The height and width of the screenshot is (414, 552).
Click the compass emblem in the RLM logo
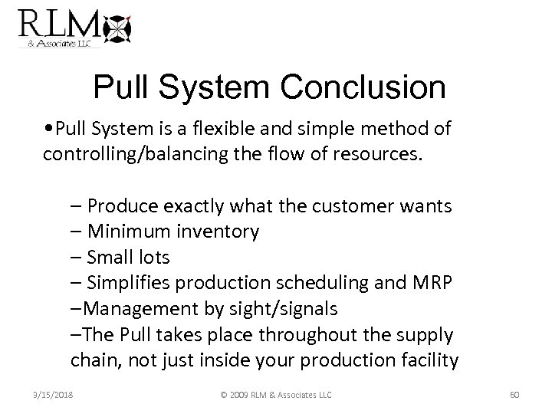pos(117,28)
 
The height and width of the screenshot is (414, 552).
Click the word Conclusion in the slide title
pos(365,88)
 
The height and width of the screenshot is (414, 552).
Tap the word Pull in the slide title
pos(120,88)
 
